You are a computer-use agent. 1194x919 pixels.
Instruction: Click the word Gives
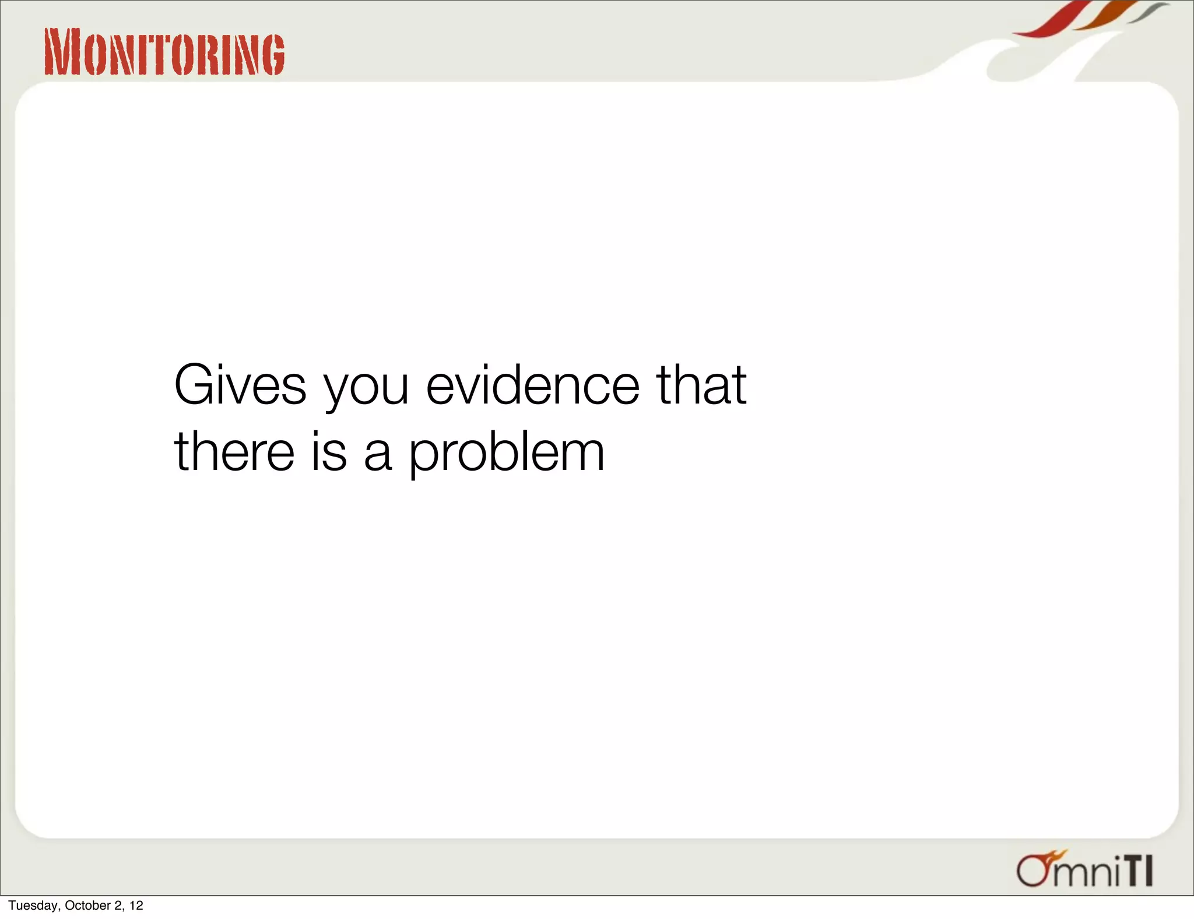240,385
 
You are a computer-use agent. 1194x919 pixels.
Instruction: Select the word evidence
533,385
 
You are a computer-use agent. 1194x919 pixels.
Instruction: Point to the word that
701,385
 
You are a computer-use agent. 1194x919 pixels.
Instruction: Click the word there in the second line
234,451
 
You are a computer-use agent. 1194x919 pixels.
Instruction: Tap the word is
329,451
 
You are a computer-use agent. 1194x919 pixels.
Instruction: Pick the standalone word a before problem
378,455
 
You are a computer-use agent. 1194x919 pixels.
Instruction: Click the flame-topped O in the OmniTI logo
1035,870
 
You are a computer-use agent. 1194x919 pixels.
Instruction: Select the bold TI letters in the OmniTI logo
1139,871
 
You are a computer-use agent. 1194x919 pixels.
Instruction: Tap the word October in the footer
87,906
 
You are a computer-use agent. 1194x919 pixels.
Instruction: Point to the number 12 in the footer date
136,906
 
